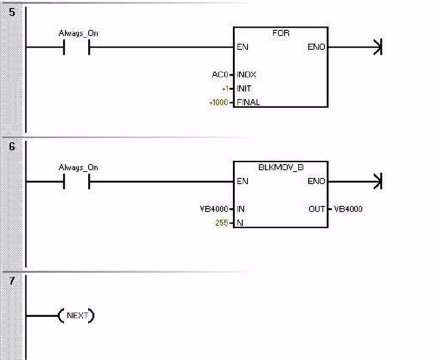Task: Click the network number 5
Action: click(x=12, y=12)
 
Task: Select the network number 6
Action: click(x=12, y=147)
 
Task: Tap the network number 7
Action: click(x=12, y=281)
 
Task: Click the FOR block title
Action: click(x=281, y=34)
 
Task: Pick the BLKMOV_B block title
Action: click(x=281, y=168)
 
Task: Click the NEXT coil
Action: click(x=76, y=315)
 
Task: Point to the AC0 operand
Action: click(x=220, y=75)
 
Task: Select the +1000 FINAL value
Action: click(x=219, y=102)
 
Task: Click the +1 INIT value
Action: click(x=225, y=89)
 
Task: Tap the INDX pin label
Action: click(x=247, y=75)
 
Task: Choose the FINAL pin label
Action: click(x=248, y=102)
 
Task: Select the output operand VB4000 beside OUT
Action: click(x=348, y=209)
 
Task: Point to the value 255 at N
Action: click(x=221, y=223)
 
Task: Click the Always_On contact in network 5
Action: click(x=77, y=47)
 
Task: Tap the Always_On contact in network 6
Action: click(x=77, y=181)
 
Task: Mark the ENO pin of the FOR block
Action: click(x=316, y=47)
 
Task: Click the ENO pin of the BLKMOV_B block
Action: click(x=316, y=181)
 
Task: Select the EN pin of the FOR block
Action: click(x=242, y=47)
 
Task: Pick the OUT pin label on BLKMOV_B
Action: click(x=317, y=209)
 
